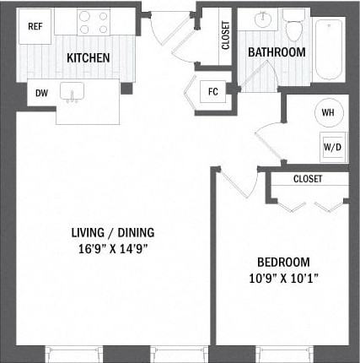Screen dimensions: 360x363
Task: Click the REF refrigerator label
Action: point(35,26)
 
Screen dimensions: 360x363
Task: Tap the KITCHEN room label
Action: point(89,57)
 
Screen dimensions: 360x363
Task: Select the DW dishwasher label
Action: point(41,93)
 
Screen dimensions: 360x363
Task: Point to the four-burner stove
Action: point(94,22)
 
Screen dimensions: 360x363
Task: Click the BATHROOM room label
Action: point(277,52)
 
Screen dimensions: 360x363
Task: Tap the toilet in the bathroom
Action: point(293,25)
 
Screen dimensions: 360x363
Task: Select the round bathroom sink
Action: point(263,19)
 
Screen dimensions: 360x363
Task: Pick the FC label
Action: point(213,92)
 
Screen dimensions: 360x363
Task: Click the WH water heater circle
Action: point(328,112)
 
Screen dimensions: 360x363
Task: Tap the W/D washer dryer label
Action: point(333,147)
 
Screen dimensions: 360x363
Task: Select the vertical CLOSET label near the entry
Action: point(226,35)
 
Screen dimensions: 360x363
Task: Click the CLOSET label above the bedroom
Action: point(308,179)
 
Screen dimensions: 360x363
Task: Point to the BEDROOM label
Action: point(283,263)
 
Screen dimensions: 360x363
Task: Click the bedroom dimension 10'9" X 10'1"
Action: point(284,279)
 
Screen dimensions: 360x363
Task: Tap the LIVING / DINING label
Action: point(113,233)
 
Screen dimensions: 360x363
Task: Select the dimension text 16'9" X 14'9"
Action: point(113,249)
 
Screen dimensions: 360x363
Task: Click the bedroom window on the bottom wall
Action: point(284,353)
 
